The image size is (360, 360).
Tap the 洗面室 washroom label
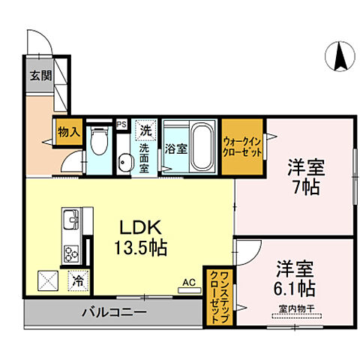144,158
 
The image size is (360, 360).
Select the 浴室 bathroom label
176,148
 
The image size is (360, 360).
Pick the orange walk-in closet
241,147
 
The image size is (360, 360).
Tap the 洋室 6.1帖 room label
294,277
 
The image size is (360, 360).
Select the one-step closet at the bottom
220,295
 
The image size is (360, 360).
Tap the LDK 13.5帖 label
140,236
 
